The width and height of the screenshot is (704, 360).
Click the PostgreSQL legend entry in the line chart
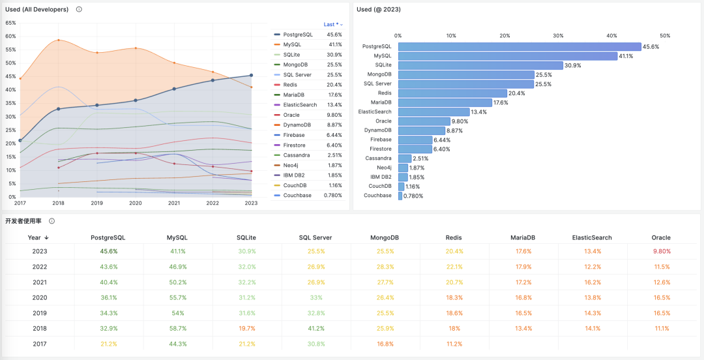298,35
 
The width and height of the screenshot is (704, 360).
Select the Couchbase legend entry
297,196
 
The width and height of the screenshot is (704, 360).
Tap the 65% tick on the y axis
10,23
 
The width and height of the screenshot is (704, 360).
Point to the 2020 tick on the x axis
135,203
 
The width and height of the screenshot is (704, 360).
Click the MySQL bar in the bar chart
507,56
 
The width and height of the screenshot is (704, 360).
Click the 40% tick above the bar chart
611,36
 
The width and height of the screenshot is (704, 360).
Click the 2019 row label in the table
40,313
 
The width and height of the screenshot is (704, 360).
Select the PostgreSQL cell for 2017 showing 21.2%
108,344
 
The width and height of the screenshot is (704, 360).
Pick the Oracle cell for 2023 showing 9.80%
661,251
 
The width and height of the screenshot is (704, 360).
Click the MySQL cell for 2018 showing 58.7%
177,329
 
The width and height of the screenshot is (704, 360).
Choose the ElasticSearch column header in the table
592,238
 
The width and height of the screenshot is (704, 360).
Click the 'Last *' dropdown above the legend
333,24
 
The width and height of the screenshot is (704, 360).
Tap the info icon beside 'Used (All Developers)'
79,9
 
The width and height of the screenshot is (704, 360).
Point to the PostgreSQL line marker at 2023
252,75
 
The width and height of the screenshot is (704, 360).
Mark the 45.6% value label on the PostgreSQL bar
651,47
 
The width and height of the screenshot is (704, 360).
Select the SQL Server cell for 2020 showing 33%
315,297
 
